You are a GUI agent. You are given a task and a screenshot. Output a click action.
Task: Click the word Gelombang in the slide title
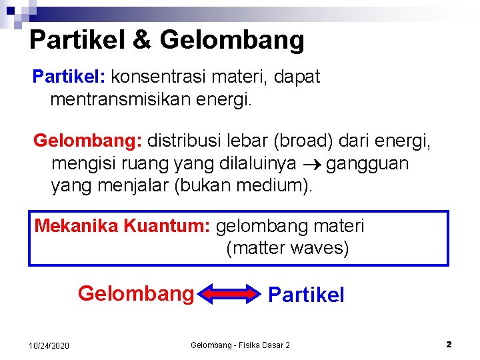232,40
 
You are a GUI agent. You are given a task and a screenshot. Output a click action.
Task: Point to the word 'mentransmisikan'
120,101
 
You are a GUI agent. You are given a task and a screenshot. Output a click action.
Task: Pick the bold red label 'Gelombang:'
87,141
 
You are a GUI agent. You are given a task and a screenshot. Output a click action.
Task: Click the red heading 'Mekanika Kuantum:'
123,226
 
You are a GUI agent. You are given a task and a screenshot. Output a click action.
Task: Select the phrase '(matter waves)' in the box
287,249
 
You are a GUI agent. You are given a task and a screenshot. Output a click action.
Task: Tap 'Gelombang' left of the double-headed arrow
135,293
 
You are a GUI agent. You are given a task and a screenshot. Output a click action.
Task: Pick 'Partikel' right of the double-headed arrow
306,295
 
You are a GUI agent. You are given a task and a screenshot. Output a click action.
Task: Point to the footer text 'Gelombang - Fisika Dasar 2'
240,345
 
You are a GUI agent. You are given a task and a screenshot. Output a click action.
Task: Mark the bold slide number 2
449,345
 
